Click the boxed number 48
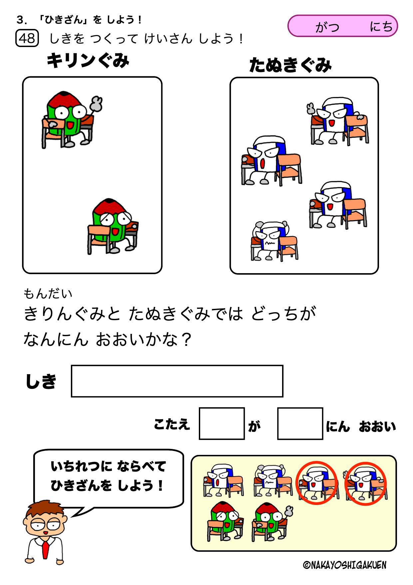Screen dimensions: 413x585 [x=27, y=38]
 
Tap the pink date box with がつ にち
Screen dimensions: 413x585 [x=342, y=26]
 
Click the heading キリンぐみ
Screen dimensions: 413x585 [x=88, y=61]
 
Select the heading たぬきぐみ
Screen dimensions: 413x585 [x=290, y=65]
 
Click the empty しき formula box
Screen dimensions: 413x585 [x=177, y=381]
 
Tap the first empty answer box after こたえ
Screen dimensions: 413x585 [x=221, y=423]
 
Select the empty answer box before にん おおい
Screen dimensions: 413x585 [x=300, y=423]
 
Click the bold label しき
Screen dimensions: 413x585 [x=41, y=381]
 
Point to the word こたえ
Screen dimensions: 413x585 [x=172, y=425]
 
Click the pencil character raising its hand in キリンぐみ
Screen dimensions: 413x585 [x=72, y=119]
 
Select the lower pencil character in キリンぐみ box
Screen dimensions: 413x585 [x=113, y=226]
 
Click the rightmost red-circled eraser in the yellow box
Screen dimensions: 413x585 [x=365, y=483]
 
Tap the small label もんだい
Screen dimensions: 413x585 [x=48, y=294]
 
